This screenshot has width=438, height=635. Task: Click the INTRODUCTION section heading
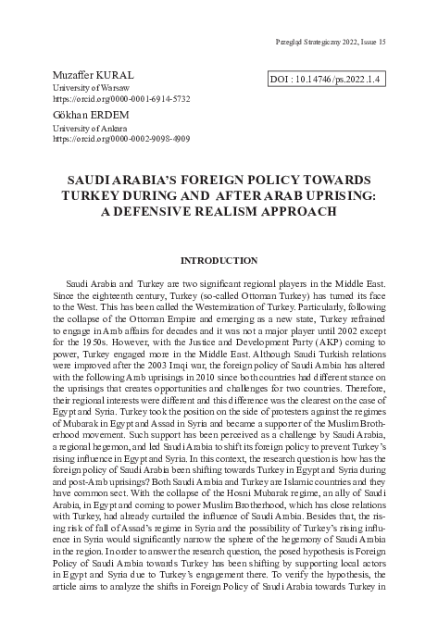[218, 261]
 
